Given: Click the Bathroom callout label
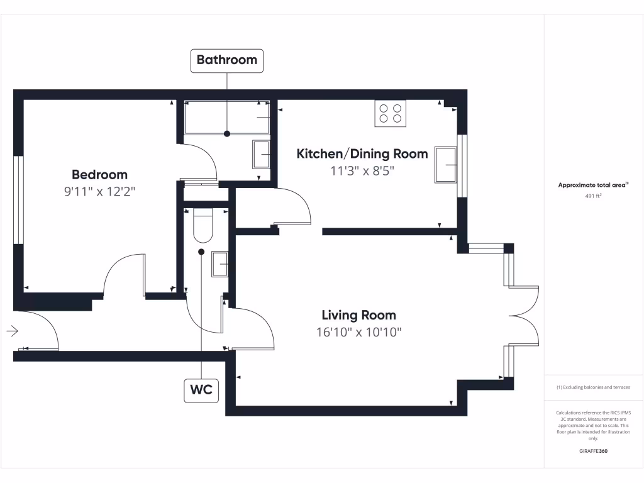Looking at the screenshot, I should (x=226, y=60).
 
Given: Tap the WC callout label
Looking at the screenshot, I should (x=201, y=391).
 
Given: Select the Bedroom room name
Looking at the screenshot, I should (x=99, y=175).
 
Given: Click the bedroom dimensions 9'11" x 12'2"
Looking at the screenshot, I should (x=99, y=191).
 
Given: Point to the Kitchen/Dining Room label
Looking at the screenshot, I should (x=362, y=154).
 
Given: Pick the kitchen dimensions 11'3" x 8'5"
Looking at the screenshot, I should (x=362, y=170).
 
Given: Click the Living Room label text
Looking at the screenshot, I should (x=358, y=315).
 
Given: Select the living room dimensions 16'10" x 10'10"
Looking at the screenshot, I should (x=358, y=331).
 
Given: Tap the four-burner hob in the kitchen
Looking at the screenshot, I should (x=390, y=113).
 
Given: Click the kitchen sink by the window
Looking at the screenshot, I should (x=447, y=165).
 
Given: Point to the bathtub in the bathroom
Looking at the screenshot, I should (x=227, y=118).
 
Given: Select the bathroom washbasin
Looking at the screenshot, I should (x=262, y=154).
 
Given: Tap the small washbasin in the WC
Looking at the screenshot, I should (x=220, y=264).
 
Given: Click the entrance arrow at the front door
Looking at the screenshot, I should (x=13, y=331).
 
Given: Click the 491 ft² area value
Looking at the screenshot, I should (x=594, y=196).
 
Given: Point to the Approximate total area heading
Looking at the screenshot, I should (x=593, y=185).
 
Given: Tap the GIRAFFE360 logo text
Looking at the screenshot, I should (x=593, y=451).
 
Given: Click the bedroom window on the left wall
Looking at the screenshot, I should (x=18, y=199).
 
